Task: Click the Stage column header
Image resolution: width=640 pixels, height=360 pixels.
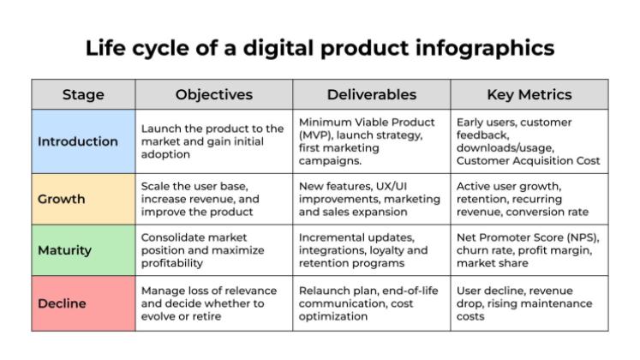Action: pyautogui.click(x=83, y=94)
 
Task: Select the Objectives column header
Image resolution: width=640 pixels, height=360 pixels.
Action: pyautogui.click(x=214, y=94)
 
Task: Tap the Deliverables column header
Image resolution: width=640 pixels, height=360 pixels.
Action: pyautogui.click(x=372, y=94)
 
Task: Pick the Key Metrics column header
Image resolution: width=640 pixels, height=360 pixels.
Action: pyautogui.click(x=529, y=94)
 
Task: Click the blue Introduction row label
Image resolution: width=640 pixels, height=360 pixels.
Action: pyautogui.click(x=78, y=141)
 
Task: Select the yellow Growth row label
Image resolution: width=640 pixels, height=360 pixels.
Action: pyautogui.click(x=62, y=199)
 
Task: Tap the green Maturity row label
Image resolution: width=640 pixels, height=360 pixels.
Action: pyautogui.click(x=64, y=250)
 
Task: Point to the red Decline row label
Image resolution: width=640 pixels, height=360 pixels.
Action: pyautogui.click(x=62, y=303)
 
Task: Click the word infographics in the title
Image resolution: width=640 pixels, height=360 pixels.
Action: pyautogui.click(x=485, y=48)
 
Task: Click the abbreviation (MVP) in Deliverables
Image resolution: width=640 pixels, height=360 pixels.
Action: pyautogui.click(x=314, y=135)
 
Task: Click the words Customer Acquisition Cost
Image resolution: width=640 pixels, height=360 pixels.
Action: pyautogui.click(x=528, y=161)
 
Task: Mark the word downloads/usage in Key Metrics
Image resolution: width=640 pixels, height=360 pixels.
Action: pyautogui.click(x=505, y=147)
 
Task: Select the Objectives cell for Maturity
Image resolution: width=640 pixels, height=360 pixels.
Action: pyautogui.click(x=214, y=250)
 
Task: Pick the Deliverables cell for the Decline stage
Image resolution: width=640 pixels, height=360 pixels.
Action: pyautogui.click(x=372, y=303)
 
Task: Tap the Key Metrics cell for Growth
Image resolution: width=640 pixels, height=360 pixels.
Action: pyautogui.click(x=529, y=199)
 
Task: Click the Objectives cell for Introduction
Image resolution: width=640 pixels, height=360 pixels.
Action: pyautogui.click(x=214, y=141)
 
